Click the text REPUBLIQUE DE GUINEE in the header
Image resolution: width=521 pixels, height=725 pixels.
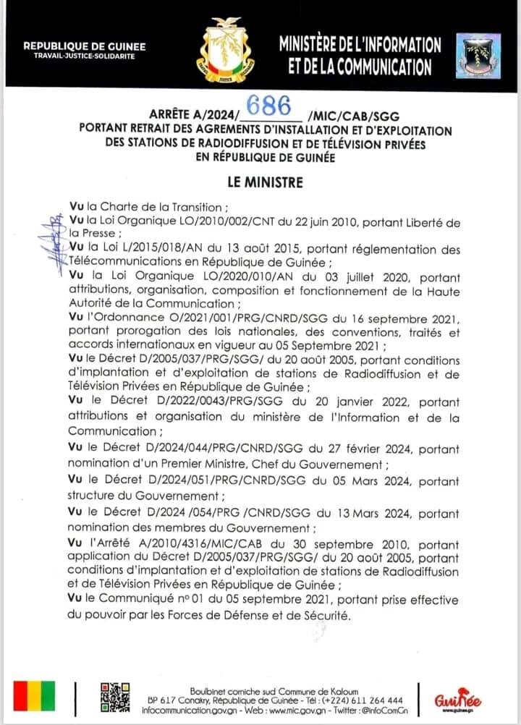85,46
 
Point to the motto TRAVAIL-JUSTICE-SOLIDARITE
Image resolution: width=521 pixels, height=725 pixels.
85,56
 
